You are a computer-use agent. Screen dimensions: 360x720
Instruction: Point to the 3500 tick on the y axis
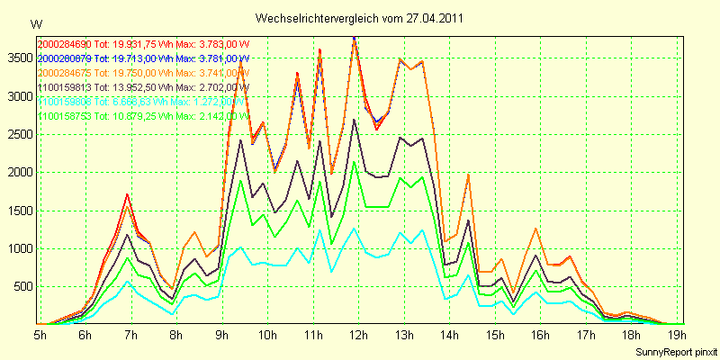pyautogui.click(x=19, y=57)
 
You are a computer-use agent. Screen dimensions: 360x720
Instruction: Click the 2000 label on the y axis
pyautogui.click(x=19, y=172)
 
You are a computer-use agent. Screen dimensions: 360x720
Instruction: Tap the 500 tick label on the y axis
pyautogui.click(x=22, y=287)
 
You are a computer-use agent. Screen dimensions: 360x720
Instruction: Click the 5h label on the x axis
pyautogui.click(x=40, y=335)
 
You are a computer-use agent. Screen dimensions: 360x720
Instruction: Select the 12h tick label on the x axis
pyautogui.click(x=359, y=335)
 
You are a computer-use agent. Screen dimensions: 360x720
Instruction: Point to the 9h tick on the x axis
pyautogui.click(x=221, y=335)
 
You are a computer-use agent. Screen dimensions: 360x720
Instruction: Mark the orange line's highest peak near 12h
pyautogui.click(x=355, y=40)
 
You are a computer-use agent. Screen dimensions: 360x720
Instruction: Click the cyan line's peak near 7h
pyautogui.click(x=128, y=281)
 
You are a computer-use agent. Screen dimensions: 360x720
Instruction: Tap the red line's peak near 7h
pyautogui.click(x=128, y=194)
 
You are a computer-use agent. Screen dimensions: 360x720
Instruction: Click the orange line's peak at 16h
pyautogui.click(x=536, y=229)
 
